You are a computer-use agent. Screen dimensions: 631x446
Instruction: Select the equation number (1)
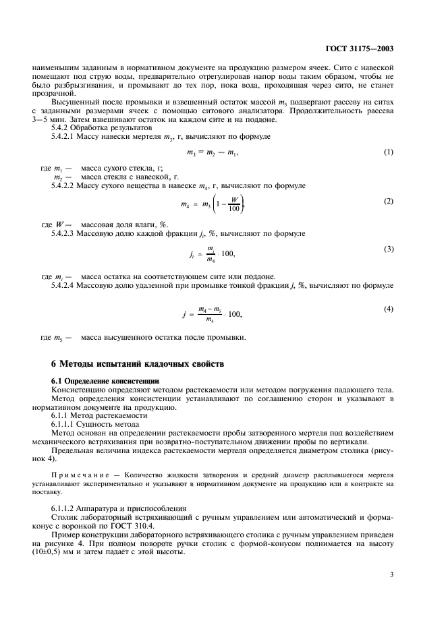tap(389, 152)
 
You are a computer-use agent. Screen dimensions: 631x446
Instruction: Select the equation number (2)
tap(389, 201)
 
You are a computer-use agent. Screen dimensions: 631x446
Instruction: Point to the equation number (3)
tap(389, 249)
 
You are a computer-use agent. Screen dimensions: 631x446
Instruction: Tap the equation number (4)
tap(389, 309)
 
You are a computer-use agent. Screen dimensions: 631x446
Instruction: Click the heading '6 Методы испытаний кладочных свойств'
tap(140, 364)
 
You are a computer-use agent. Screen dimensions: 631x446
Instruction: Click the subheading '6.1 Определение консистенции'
tap(96, 381)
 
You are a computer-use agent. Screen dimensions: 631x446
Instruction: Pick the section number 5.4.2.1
tap(65, 136)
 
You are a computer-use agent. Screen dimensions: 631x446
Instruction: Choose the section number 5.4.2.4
tap(65, 286)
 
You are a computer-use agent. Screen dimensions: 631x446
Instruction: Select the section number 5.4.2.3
tap(65, 233)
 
